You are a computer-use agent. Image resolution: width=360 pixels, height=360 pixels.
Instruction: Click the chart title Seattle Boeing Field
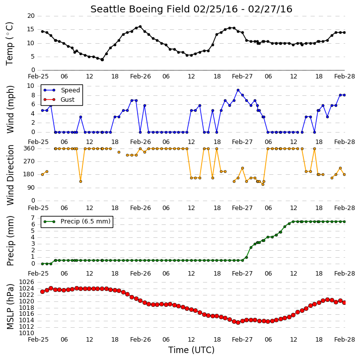click(141, 9)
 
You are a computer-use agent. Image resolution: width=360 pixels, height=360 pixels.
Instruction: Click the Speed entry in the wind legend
click(70, 90)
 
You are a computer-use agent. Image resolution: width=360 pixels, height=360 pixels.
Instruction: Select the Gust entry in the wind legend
click(68, 100)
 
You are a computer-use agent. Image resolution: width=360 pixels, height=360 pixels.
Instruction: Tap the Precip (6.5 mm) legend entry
click(85, 221)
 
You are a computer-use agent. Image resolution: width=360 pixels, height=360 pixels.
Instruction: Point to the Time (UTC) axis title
click(191, 350)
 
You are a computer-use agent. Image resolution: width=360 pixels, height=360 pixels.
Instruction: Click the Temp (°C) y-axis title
click(9, 44)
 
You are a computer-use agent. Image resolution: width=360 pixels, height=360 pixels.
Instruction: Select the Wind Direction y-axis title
click(10, 175)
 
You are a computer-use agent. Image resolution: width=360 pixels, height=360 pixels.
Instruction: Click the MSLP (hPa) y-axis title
click(10, 307)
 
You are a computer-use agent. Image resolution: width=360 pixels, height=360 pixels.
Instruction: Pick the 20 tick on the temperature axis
click(31, 16)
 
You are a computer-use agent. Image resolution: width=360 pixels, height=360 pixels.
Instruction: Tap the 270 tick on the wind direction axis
click(29, 161)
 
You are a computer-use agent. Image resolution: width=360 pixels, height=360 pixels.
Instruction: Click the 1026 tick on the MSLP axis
click(27, 282)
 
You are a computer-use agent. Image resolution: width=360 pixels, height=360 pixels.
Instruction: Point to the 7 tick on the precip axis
click(33, 217)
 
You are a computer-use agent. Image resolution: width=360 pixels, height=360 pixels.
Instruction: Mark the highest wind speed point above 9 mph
click(238, 90)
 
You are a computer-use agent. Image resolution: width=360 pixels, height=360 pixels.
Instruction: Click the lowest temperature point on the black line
click(102, 60)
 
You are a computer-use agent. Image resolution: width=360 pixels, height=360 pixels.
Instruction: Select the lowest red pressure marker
click(238, 323)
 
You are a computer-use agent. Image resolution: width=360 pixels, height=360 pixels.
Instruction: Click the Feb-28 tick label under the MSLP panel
click(345, 339)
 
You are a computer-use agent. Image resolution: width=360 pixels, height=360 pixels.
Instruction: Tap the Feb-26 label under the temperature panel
click(141, 76)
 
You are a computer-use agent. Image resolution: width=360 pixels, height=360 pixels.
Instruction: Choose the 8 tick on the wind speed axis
click(33, 95)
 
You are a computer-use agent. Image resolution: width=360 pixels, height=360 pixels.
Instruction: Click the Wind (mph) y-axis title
click(10, 109)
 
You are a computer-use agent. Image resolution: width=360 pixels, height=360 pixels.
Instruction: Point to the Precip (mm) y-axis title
click(10, 241)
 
